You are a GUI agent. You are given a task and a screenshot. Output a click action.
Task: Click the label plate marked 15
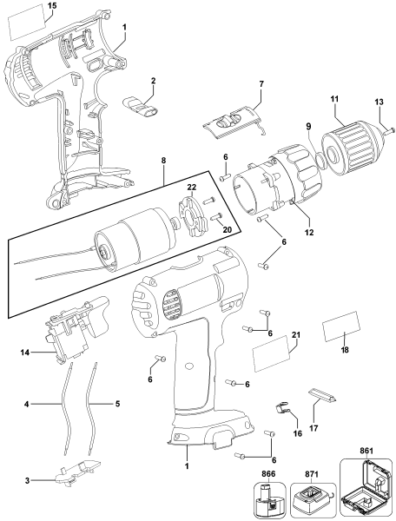tap(24, 24)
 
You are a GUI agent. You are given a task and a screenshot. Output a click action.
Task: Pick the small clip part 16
tap(280, 406)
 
